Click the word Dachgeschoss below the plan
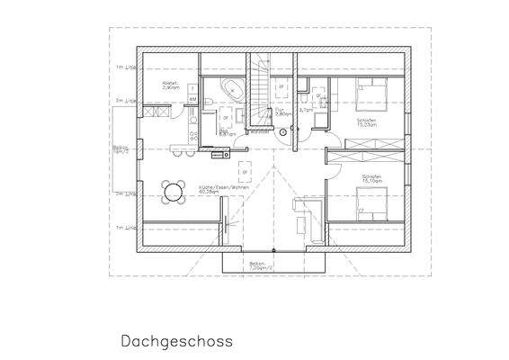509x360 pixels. [x=176, y=341]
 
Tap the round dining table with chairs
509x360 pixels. [x=172, y=190]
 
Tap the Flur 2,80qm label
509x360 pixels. [x=282, y=113]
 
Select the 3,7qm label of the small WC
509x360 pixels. [x=305, y=110]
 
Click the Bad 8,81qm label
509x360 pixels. [x=227, y=131]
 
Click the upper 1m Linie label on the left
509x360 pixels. [x=124, y=67]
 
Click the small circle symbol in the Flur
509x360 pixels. [x=283, y=133]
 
